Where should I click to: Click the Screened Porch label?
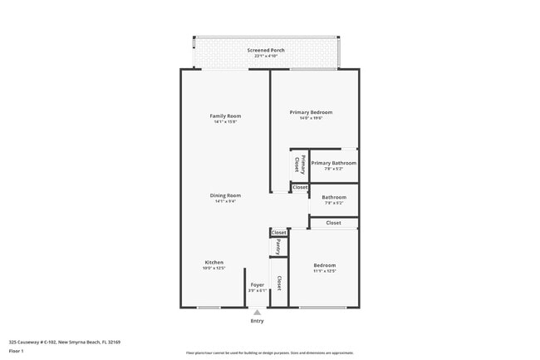point(266,50)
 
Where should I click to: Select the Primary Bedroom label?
point(311,112)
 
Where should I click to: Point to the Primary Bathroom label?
point(333,163)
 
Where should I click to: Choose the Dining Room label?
point(225,195)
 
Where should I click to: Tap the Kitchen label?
point(214,262)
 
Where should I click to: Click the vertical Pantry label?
point(278,247)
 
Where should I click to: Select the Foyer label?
point(258,284)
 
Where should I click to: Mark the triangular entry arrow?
point(257,313)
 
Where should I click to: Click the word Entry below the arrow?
point(257,321)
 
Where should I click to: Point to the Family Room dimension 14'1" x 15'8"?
point(225,121)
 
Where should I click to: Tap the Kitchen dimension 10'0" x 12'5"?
point(214,269)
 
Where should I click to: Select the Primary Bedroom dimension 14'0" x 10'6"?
point(311,118)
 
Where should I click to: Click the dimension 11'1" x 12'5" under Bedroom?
point(324,271)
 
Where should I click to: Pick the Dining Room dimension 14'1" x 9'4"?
point(225,201)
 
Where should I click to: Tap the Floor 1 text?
point(17,351)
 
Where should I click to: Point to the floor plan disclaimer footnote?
point(269,353)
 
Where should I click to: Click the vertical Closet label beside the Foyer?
point(279,283)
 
